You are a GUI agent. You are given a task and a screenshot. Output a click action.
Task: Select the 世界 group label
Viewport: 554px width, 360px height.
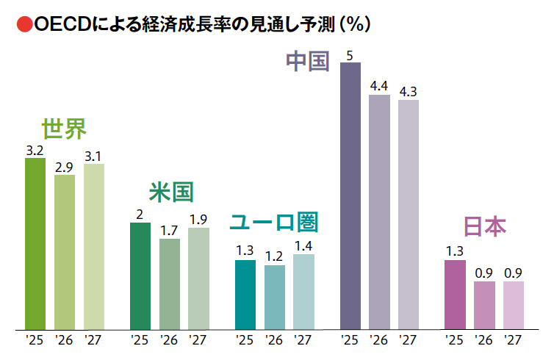[64, 129]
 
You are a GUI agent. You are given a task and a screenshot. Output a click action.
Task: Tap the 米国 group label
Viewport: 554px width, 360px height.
[170, 192]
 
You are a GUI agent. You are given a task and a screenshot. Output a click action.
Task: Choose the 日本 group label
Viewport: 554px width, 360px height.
[484, 227]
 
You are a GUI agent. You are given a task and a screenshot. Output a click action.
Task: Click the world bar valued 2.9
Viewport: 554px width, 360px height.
[65, 251]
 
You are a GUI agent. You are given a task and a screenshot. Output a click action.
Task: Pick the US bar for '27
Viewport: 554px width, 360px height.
[198, 278]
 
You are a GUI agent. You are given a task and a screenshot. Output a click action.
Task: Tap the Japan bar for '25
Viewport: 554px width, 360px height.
[455, 294]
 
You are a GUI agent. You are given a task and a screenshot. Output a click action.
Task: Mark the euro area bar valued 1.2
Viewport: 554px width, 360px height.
[274, 297]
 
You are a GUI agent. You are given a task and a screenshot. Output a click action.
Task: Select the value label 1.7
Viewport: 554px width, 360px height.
[169, 231]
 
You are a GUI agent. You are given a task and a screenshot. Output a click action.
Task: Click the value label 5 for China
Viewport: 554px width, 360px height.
[350, 55]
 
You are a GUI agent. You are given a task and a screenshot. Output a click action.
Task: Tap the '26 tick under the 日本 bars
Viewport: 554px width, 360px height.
[483, 340]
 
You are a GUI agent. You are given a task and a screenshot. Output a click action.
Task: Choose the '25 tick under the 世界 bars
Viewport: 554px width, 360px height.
[35, 340]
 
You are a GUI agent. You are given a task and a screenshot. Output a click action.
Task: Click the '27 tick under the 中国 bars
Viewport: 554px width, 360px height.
[408, 340]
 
